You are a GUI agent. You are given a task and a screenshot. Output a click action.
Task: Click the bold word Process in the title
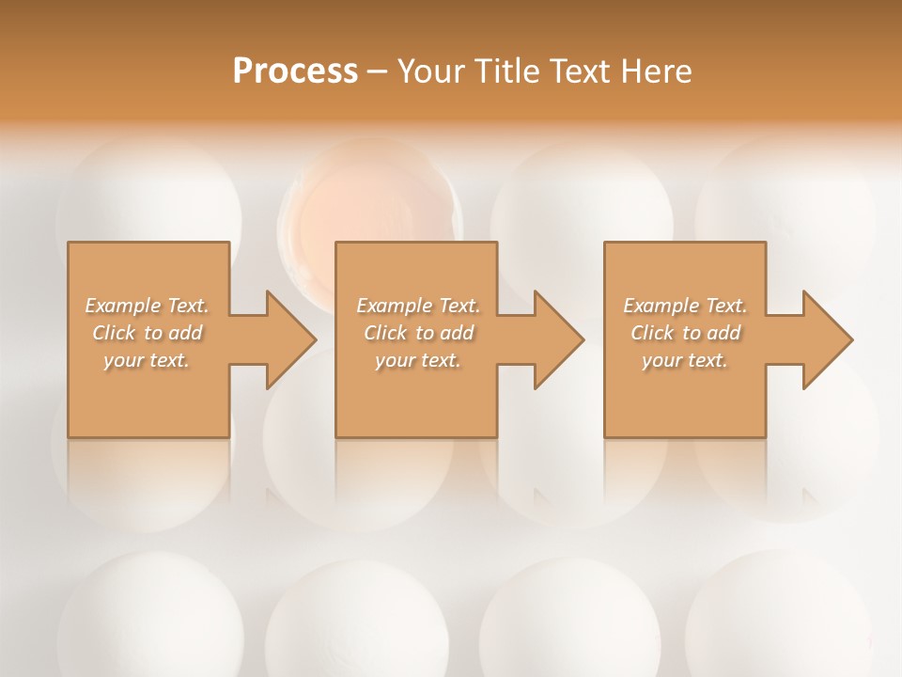(295, 71)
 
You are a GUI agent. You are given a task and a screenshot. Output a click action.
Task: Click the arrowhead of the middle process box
(558, 339)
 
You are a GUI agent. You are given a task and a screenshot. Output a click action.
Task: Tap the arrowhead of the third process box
(827, 339)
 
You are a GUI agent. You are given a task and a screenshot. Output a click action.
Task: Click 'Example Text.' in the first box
(148, 306)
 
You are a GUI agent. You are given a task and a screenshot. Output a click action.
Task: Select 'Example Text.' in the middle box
(418, 306)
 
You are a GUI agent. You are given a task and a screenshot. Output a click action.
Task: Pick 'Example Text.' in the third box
(685, 306)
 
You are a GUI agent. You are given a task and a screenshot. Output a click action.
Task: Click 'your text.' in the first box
(147, 360)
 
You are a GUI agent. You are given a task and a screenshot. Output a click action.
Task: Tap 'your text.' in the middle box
(417, 360)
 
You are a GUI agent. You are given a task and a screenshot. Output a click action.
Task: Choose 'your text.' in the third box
(684, 360)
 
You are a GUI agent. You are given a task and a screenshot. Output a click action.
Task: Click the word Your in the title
(429, 71)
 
